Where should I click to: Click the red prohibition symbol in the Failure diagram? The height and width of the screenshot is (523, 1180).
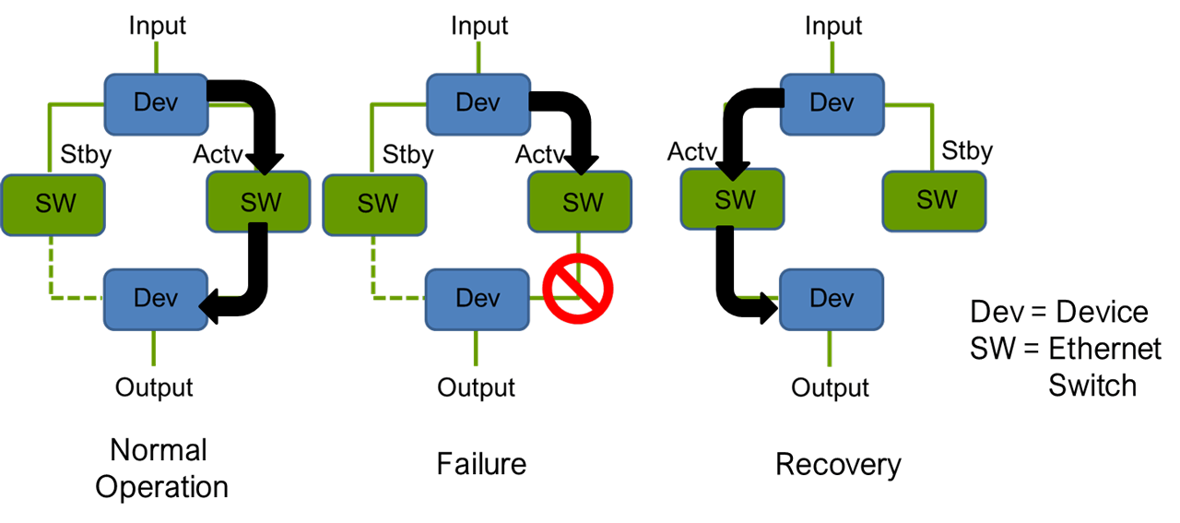[x=578, y=289]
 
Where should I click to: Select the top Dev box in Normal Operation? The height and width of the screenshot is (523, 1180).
[x=156, y=101]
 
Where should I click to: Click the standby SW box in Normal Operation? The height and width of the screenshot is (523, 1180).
[x=53, y=203]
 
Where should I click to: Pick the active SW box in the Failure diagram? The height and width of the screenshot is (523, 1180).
[x=580, y=203]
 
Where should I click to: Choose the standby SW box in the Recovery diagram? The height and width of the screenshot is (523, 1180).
[x=935, y=198]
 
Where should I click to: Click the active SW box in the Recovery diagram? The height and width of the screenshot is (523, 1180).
[x=732, y=198]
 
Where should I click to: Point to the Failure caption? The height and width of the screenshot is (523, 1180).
[x=481, y=463]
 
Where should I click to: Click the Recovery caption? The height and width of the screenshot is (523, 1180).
[x=838, y=464]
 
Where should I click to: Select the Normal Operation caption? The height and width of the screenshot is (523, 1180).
[x=161, y=468]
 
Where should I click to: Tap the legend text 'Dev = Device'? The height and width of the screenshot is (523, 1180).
[x=1059, y=312]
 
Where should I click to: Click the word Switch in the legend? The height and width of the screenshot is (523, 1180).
[x=1092, y=385]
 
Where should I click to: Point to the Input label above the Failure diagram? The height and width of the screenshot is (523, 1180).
[x=478, y=25]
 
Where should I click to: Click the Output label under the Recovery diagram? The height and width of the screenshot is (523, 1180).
[x=830, y=387]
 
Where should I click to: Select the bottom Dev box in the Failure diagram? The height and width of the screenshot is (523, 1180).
[x=478, y=299]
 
